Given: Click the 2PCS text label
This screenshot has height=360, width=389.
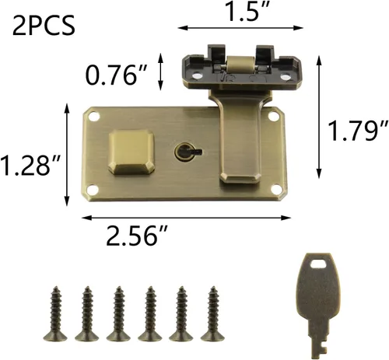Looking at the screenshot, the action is coord(44,26).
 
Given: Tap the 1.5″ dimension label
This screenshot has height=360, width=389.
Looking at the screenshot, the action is coord(245,11).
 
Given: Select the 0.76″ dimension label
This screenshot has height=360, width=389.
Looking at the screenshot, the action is coord(117,75).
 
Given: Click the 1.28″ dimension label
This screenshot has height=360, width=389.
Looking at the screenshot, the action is coord(30,165).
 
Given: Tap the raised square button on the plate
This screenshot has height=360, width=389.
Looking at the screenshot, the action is coord(131,152).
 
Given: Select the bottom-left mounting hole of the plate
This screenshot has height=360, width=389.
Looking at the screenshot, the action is coord(93,190).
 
